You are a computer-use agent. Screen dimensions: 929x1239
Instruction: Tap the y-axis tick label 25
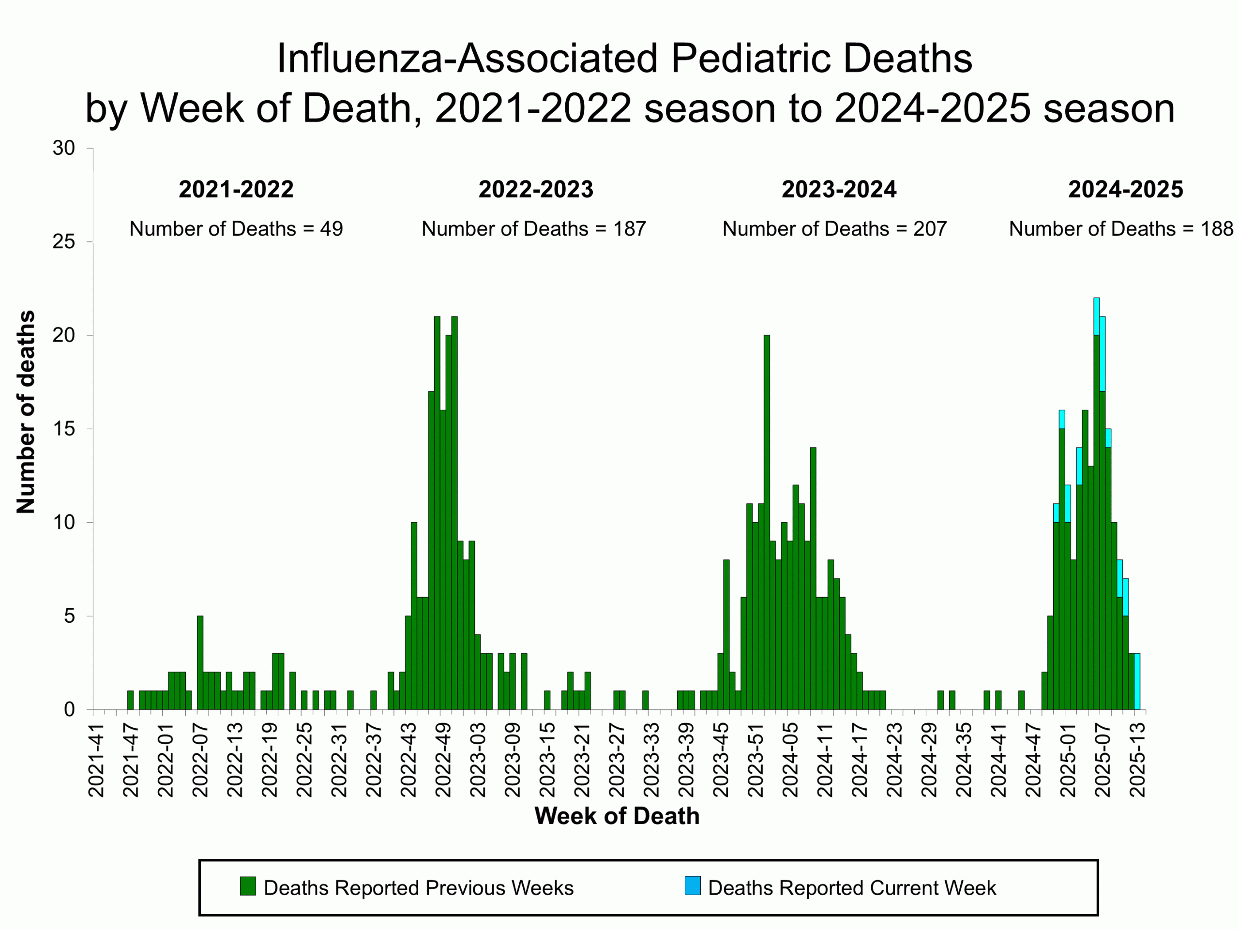64,242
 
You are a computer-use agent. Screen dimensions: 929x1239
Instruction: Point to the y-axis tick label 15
64,429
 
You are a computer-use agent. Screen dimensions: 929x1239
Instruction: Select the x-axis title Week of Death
617,816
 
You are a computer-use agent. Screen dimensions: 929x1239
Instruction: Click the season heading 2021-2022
236,189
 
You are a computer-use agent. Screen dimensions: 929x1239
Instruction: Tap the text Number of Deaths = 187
533,228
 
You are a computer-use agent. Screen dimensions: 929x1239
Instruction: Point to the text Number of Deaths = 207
834,228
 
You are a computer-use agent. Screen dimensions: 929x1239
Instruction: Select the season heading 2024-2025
1125,189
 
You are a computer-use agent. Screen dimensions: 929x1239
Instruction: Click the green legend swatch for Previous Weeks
248,886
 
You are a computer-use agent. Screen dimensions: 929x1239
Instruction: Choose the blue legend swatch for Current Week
692,886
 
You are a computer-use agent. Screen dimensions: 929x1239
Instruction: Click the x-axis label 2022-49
443,760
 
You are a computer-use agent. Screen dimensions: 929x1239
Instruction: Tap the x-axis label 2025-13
1137,760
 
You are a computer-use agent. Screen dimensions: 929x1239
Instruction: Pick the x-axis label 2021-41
96,760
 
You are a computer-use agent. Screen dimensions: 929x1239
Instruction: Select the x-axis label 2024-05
790,760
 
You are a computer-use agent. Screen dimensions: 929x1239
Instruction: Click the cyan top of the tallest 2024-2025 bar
1097,316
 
